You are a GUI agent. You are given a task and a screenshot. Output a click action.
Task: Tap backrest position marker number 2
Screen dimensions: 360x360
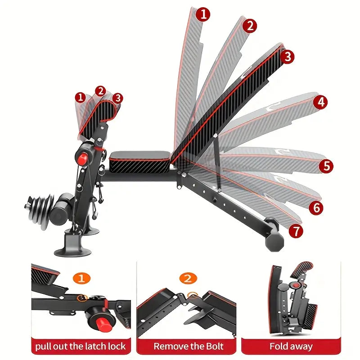pos(249,26)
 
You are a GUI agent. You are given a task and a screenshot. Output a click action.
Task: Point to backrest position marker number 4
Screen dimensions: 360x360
pos(320,102)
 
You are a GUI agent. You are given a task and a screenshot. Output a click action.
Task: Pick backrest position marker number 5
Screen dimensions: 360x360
pos(326,166)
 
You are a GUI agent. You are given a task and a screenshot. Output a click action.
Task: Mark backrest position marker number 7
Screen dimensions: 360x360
pos(296,231)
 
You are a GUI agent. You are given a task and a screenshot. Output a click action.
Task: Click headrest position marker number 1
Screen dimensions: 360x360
pos(81,97)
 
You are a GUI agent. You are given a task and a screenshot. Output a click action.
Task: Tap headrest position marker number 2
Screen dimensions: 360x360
pos(100,91)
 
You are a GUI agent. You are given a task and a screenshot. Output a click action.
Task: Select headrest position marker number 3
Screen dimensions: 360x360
pos(117,97)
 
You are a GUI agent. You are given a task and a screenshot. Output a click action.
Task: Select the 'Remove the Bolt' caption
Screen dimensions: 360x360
pos(188,346)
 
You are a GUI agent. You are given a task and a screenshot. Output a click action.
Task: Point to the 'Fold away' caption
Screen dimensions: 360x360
pos(291,346)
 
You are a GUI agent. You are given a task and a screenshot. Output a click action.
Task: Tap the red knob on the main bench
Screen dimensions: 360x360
pos(82,158)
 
